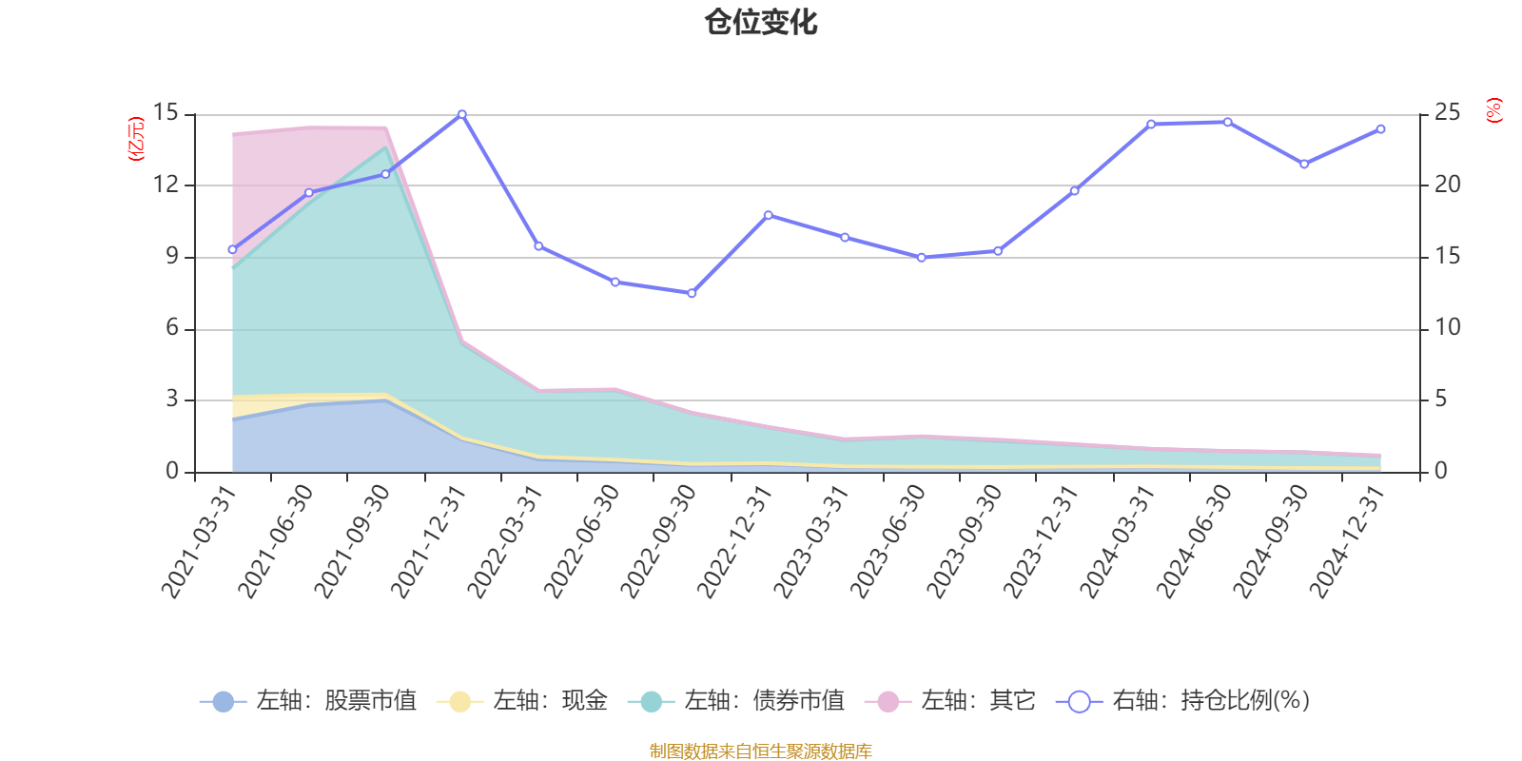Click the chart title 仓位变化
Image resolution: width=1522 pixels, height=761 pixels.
[x=761, y=22]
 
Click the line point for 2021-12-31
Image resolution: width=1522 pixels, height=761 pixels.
[x=462, y=114]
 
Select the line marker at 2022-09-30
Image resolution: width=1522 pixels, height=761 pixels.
[x=692, y=293]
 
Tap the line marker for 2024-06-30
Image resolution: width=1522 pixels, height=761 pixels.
[x=1227, y=122]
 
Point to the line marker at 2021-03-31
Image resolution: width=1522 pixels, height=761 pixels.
[x=232, y=249]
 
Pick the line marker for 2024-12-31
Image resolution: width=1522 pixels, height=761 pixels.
[x=1380, y=128]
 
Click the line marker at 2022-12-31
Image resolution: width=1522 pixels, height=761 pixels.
[x=769, y=215]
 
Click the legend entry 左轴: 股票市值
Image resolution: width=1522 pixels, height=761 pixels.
[x=309, y=701]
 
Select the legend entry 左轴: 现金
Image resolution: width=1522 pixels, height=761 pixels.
[x=522, y=701]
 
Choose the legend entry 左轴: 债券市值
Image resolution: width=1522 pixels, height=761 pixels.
[x=736, y=701]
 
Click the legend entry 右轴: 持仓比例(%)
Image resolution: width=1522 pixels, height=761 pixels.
[x=1183, y=701]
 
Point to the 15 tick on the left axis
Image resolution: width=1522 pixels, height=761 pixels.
[x=166, y=113]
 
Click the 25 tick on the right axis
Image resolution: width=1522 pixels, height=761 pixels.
[x=1447, y=113]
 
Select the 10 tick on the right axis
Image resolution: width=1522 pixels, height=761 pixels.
[x=1447, y=328]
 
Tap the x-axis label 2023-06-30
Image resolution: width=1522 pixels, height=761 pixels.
[x=888, y=540]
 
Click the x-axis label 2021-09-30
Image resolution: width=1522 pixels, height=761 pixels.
[x=352, y=540]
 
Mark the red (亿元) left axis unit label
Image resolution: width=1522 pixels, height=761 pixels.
[x=136, y=139]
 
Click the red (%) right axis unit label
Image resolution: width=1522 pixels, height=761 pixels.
[x=1493, y=110]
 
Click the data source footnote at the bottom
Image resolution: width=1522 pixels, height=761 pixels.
[x=761, y=751]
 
